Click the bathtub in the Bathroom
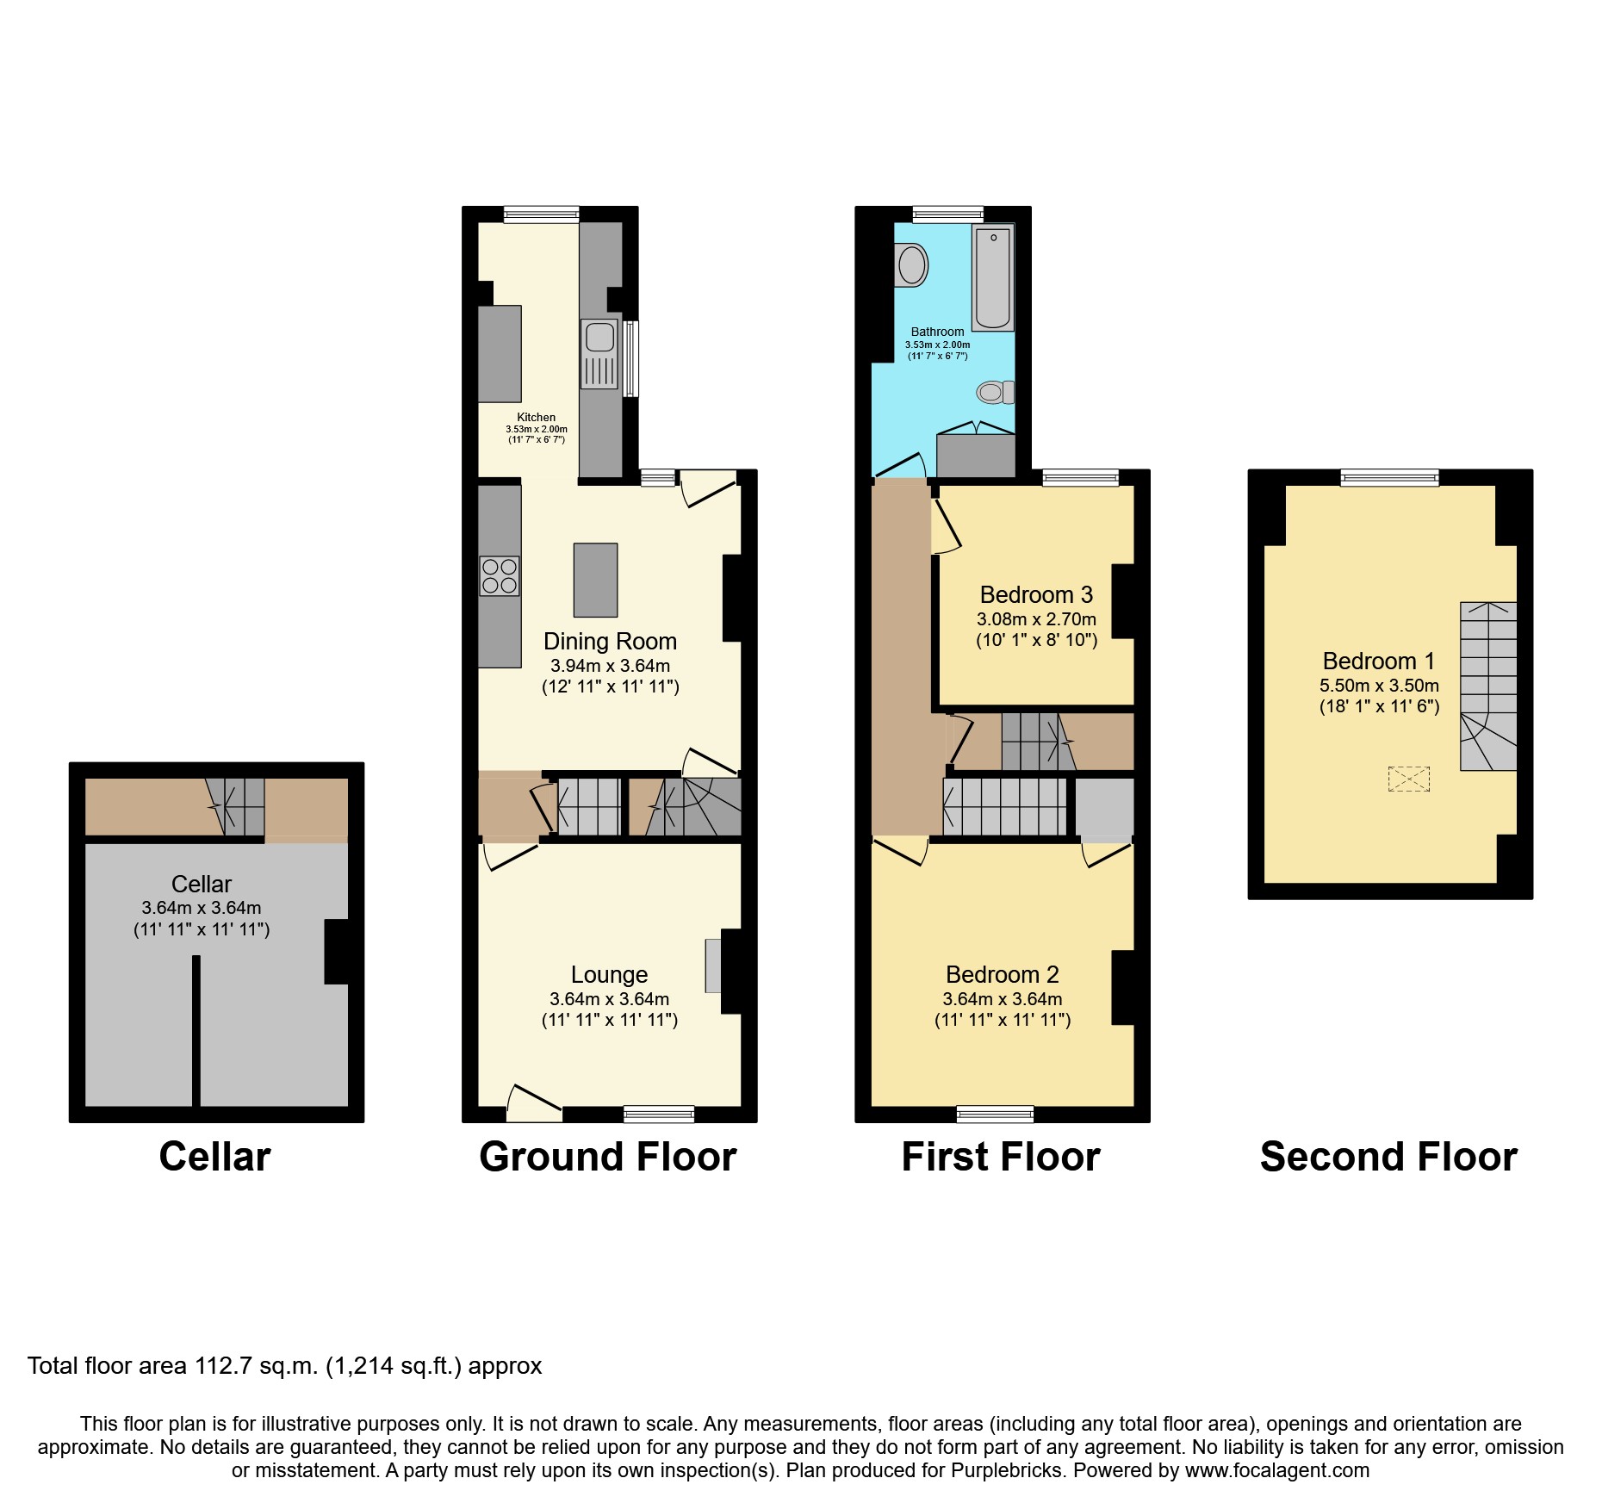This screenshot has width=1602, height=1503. pos(993,277)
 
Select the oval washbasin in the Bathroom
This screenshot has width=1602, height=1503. pos(911,264)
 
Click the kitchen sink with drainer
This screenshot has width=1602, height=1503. pos(599,353)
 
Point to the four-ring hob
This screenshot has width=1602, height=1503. pos(500,576)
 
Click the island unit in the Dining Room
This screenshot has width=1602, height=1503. pos(595,580)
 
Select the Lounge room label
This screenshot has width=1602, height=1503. pos(609,974)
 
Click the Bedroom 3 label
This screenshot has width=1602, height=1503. pos(1036,594)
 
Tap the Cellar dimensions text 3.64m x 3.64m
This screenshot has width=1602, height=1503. pos(202,908)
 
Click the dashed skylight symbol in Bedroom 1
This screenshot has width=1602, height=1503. pos(1408,779)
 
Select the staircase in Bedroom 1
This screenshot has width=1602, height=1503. pos(1487,686)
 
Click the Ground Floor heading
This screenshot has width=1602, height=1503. pos(607,1157)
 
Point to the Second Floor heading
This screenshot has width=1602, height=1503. pos(1388,1157)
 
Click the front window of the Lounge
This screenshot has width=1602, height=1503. pos(659,1114)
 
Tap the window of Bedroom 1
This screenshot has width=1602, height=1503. pos(1388,477)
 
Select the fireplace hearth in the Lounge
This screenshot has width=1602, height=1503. pos(713,966)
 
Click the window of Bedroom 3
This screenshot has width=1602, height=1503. pos(1080,477)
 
